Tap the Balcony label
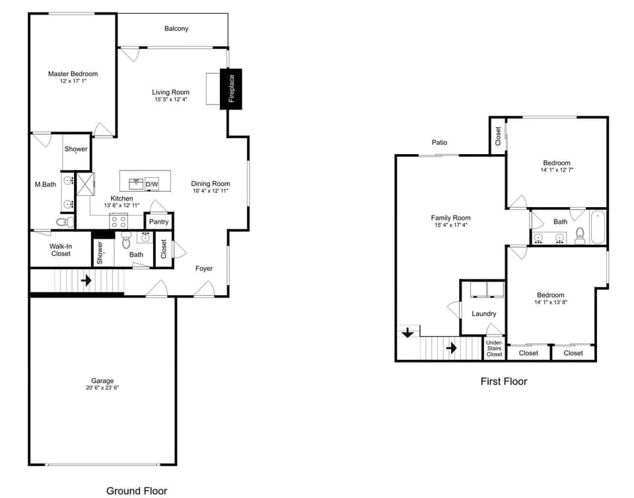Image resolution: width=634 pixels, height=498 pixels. tap(176, 28)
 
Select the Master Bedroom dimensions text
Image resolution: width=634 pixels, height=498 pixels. tap(73, 81)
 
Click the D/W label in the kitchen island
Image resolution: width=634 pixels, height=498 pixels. tap(152, 184)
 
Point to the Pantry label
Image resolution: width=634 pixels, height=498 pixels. tap(158, 222)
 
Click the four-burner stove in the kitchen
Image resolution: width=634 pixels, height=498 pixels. tap(119, 222)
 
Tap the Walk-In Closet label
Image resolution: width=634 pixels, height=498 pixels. tap(61, 249)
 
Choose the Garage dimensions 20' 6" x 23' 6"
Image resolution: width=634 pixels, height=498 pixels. tap(102, 388)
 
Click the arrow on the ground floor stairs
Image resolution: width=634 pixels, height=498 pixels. tap(86, 280)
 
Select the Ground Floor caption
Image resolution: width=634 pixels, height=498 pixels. tap(137, 491)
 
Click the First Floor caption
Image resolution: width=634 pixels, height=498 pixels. tap(503, 381)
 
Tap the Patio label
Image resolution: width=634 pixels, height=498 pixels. tap(439, 142)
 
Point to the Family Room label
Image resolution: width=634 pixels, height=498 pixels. tap(450, 218)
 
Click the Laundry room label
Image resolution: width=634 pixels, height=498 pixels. tap(483, 313)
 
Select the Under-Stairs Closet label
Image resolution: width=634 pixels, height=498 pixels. tap(494, 349)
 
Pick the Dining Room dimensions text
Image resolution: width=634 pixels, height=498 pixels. tap(210, 191)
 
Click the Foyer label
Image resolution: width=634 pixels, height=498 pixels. tap(204, 269)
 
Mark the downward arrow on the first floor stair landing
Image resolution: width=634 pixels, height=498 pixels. tap(407, 333)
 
